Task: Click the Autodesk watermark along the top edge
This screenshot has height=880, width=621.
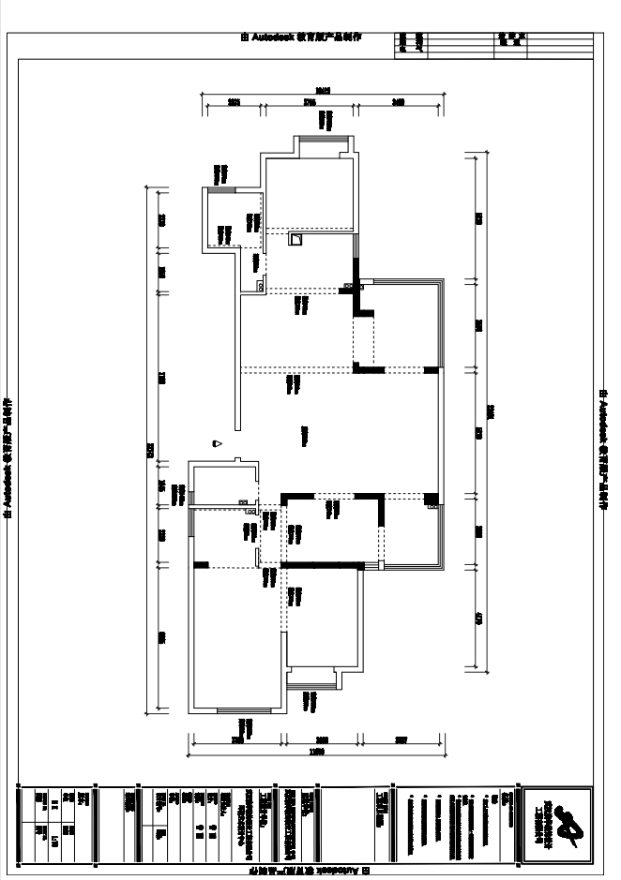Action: (x=301, y=37)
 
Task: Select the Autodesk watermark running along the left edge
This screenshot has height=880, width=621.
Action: (x=9, y=458)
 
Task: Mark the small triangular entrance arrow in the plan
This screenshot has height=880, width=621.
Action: (x=217, y=443)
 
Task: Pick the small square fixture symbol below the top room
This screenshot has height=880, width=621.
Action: (x=295, y=240)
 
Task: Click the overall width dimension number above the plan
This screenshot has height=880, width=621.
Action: (x=324, y=91)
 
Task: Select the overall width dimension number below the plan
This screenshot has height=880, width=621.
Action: (x=317, y=752)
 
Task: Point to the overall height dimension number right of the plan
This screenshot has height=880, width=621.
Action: (x=489, y=412)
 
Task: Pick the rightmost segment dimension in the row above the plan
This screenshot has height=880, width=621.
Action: (x=398, y=102)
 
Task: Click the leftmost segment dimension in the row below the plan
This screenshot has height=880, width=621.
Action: (x=237, y=740)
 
